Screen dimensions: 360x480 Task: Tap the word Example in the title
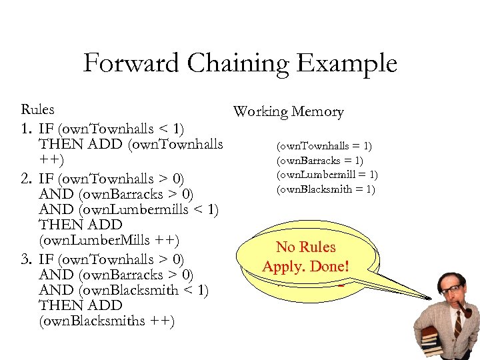(347, 64)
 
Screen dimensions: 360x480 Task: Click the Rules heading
(38, 109)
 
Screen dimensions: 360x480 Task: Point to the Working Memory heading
(288, 112)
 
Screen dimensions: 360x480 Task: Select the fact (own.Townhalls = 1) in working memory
(325, 146)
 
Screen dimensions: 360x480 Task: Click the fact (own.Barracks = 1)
(320, 161)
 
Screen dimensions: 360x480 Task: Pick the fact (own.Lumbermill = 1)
(326, 175)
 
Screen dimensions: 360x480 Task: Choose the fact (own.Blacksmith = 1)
(325, 189)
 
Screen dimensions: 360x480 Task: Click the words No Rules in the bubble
(305, 247)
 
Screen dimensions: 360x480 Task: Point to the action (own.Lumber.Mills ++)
(110, 240)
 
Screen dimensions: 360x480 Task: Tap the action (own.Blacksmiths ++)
(107, 321)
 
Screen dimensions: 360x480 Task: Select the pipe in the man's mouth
(466, 310)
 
